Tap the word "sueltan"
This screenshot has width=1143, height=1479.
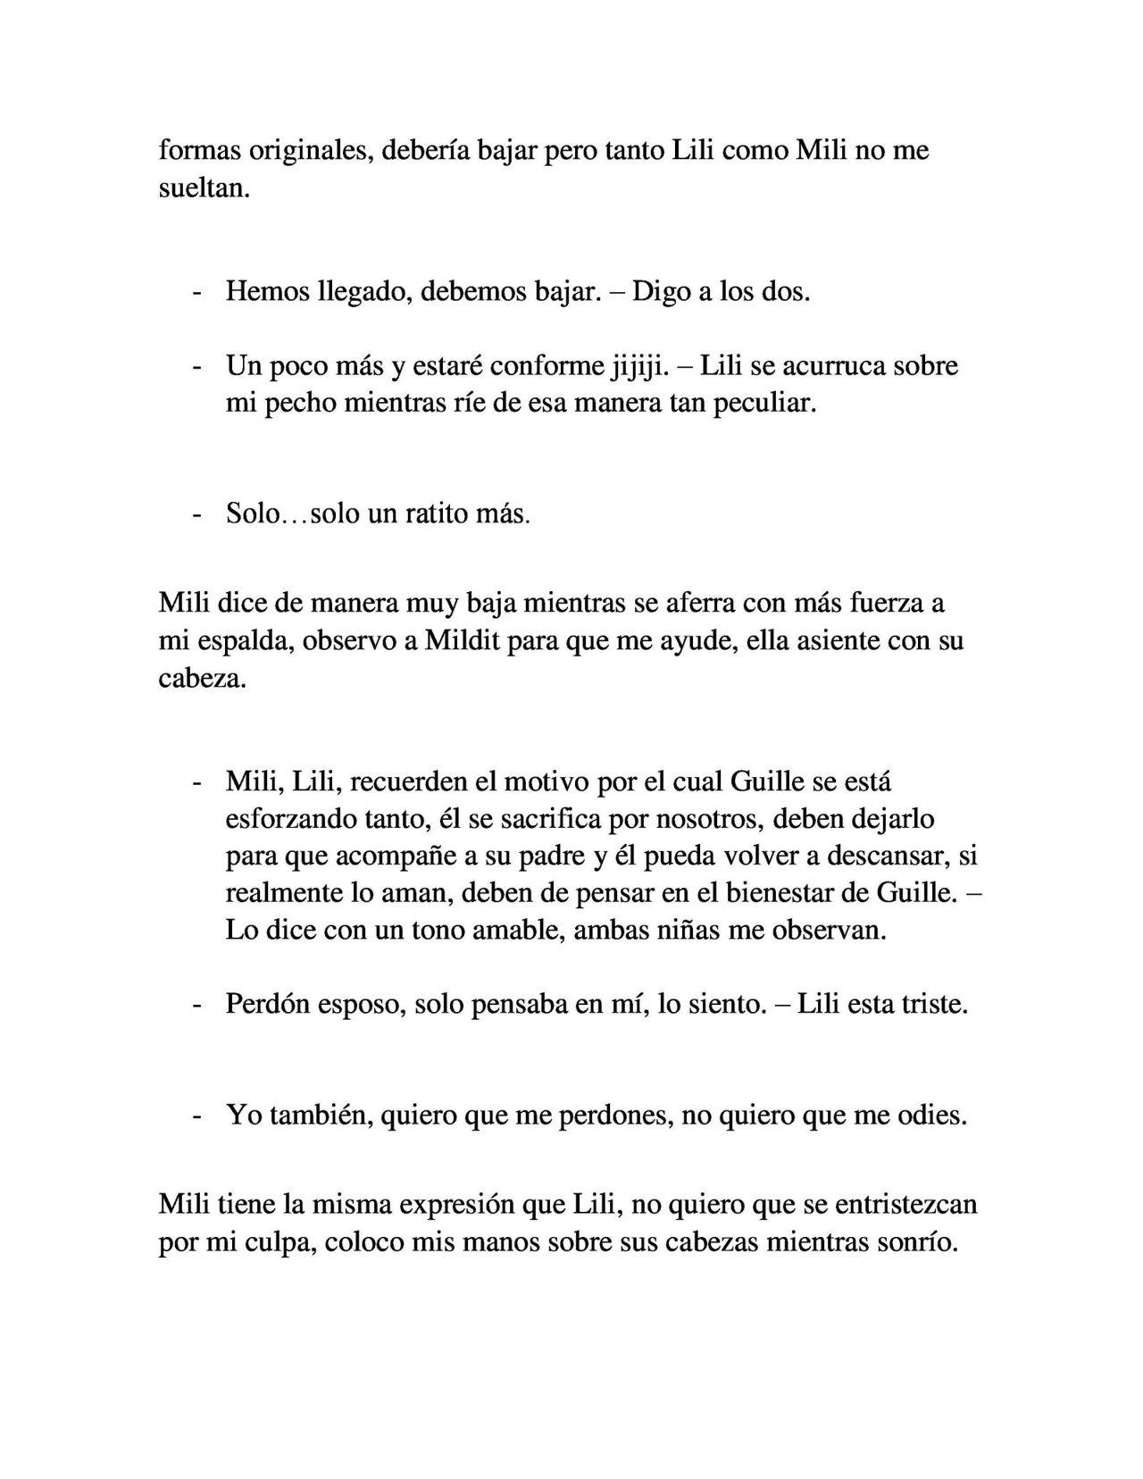(x=202, y=188)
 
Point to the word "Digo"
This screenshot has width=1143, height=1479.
(x=660, y=292)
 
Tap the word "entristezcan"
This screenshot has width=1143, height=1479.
(x=905, y=1205)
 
